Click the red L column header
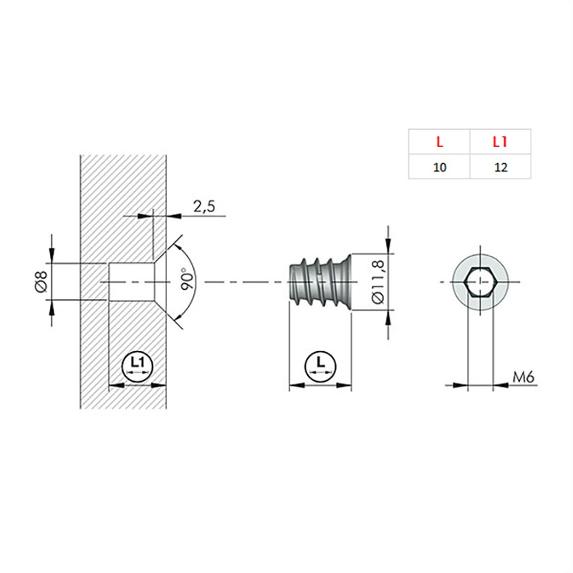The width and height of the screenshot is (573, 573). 440,142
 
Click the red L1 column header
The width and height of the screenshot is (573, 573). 500,142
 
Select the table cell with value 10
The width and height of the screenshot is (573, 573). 440,167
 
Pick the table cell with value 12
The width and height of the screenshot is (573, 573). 501,167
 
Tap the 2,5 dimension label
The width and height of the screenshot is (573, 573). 204,207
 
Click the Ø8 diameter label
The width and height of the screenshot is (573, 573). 41,282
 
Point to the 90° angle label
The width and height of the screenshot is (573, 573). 188,279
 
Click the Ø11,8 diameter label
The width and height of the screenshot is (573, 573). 378,282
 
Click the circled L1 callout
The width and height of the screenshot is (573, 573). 137,366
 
